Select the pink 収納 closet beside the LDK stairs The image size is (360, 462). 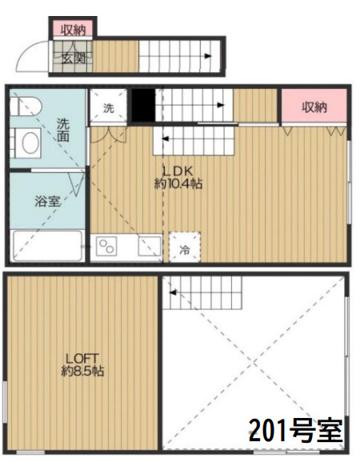coord(314,107)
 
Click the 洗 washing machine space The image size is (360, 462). coord(107,106)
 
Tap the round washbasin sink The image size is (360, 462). coord(30,143)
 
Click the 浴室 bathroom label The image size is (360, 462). coord(46,201)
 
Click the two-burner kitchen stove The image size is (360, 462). coord(106,247)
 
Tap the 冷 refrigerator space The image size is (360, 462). coord(184,249)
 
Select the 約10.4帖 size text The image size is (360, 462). coord(178,184)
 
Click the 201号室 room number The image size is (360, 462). coord(295,432)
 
